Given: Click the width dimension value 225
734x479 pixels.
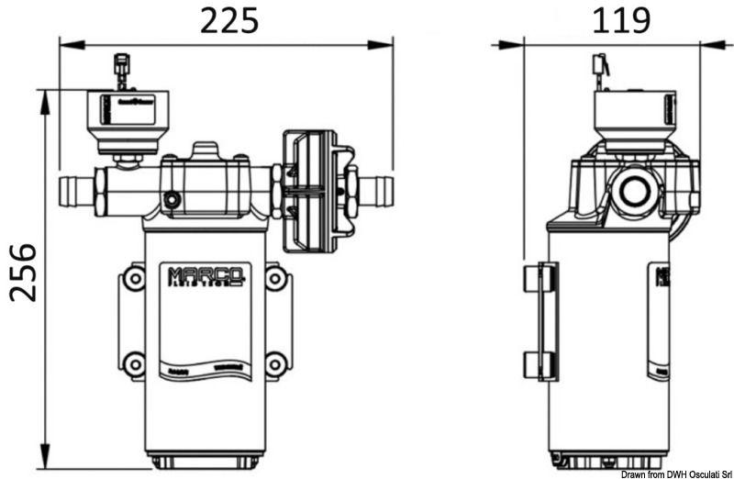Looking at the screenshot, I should tap(229, 19).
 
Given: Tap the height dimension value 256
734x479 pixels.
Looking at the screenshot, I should tap(24, 273).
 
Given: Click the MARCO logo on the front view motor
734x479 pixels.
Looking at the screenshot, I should tap(206, 275).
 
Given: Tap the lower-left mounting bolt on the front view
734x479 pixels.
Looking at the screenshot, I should tap(134, 364).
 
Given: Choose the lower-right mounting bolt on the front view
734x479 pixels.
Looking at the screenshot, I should tap(274, 364).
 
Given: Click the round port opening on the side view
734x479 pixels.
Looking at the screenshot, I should tap(634, 191).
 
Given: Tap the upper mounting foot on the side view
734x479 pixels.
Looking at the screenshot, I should tap(540, 278).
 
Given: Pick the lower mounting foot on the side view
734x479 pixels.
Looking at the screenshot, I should tap(540, 364).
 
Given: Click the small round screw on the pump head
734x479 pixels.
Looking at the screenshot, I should tap(170, 200).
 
